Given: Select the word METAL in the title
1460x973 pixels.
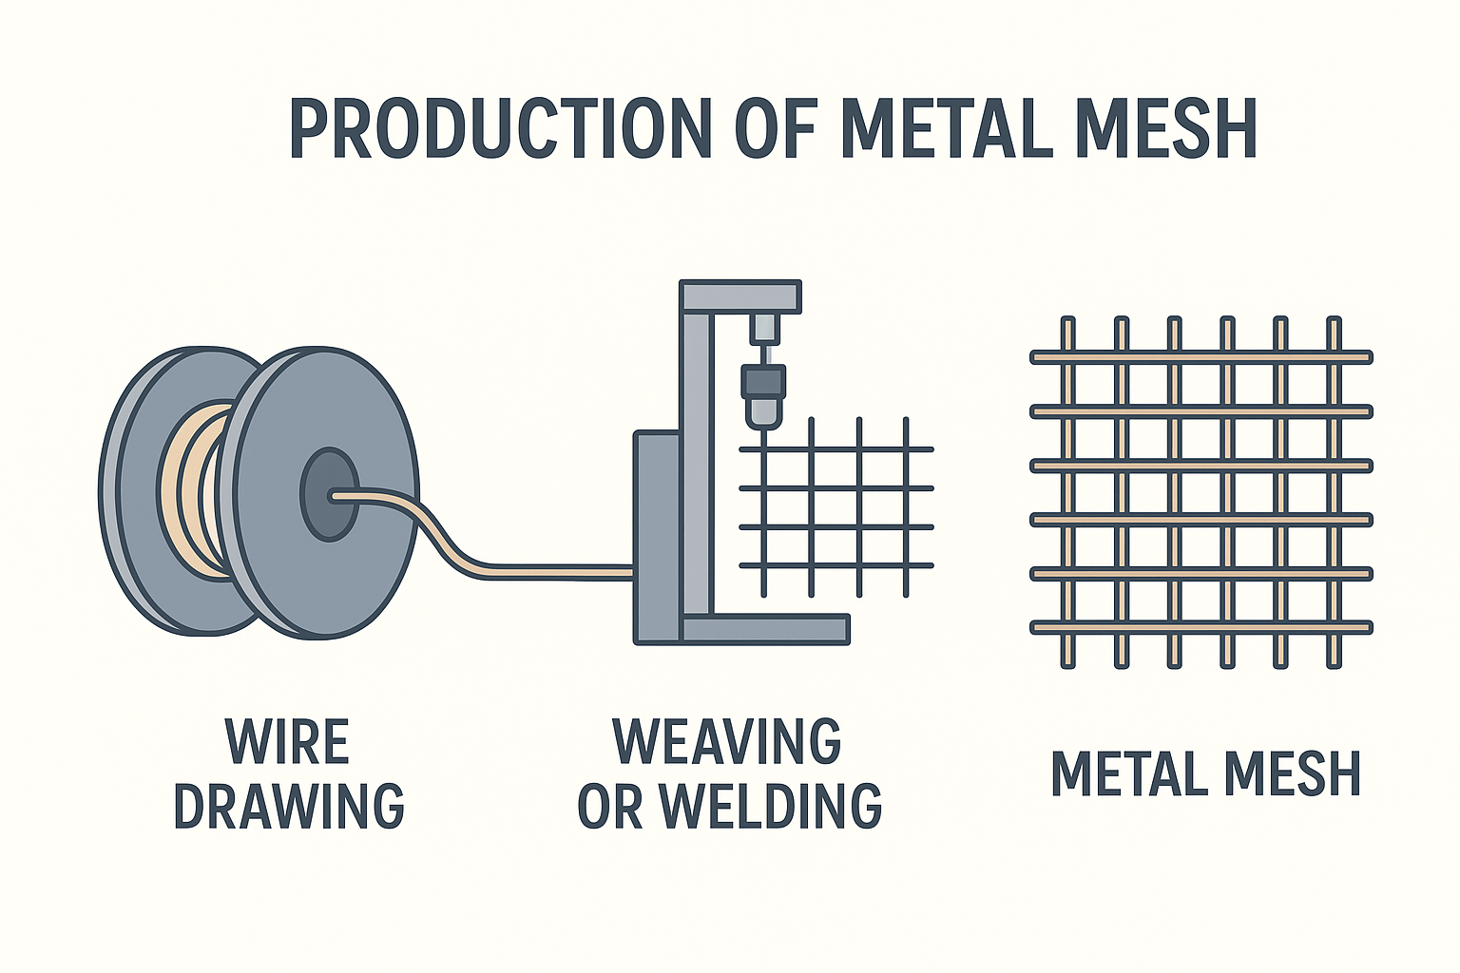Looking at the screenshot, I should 945,128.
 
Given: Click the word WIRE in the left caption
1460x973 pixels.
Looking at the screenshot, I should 288,742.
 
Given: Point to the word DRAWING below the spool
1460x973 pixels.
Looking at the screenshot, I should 289,806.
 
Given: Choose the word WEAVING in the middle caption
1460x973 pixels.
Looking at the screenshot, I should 727,742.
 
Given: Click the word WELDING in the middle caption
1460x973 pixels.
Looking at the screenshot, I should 770,806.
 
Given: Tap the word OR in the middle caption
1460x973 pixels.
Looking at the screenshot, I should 608,806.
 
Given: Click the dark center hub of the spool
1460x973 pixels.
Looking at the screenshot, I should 329,494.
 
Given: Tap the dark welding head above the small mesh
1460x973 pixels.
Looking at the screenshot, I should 763,382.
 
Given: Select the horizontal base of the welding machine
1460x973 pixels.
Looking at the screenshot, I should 765,629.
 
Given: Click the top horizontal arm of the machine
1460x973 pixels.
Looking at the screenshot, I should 741,296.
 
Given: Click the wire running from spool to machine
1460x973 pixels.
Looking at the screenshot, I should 551,570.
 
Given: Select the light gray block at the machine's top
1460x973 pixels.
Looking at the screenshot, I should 764,329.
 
